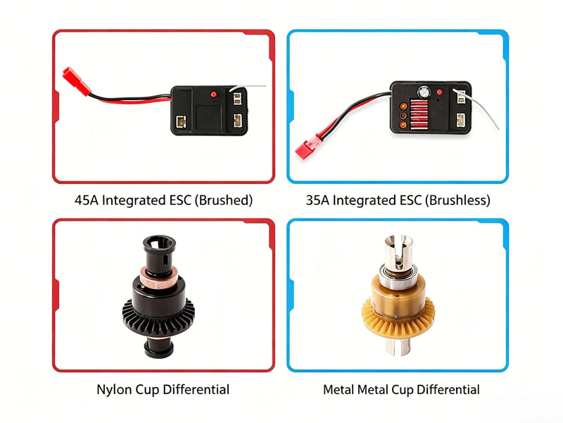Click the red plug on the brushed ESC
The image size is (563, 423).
(77, 82)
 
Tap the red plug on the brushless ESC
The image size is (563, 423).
(308, 147)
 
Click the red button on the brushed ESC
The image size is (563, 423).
(214, 94)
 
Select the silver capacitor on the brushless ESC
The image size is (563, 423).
(424, 91)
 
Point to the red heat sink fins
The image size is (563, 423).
(419, 114)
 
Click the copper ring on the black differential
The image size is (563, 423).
(158, 277)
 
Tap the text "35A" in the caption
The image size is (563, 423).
(318, 200)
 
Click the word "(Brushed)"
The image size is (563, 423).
(224, 200)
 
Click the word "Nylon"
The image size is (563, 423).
(114, 390)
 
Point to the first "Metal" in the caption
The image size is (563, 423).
(339, 390)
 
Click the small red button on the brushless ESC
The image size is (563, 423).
(439, 92)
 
